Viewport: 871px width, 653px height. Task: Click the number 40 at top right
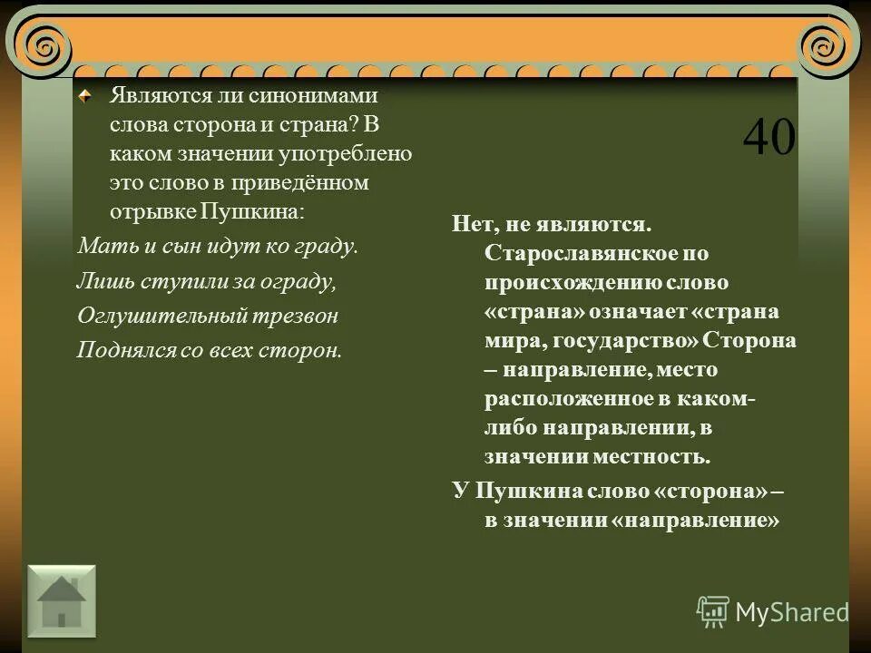(x=768, y=139)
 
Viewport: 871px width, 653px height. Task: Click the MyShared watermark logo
(x=772, y=612)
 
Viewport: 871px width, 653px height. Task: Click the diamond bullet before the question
(x=84, y=94)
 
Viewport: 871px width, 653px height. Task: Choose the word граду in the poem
(x=328, y=246)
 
